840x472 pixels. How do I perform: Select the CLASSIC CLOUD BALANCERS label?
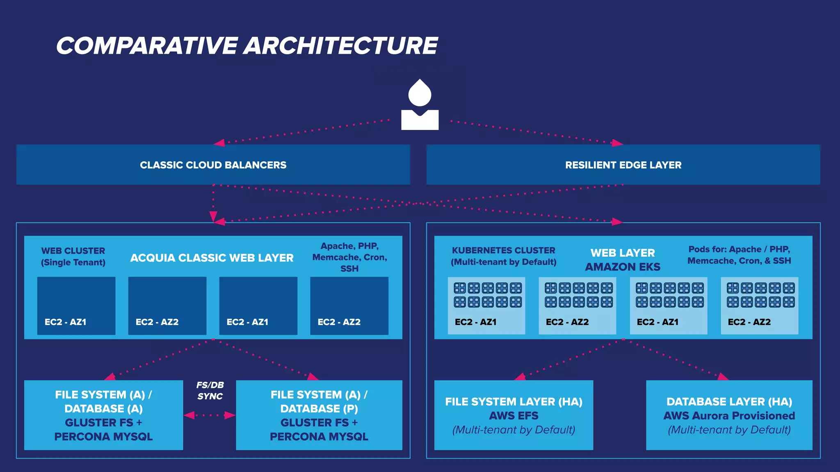point(213,165)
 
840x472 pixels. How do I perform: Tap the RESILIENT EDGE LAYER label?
point(623,165)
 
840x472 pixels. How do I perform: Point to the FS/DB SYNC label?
point(210,390)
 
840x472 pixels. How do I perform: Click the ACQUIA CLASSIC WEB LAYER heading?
point(212,258)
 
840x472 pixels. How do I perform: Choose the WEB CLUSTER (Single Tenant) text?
point(73,256)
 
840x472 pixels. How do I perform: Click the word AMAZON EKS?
point(623,267)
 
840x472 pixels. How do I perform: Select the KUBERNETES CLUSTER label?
point(503,250)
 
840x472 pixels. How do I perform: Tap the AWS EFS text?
point(514,415)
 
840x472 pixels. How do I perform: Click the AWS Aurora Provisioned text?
point(729,415)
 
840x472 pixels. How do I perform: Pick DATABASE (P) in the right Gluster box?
point(319,408)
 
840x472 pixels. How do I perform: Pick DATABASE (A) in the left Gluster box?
point(103,408)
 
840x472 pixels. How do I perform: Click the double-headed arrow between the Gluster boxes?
point(210,415)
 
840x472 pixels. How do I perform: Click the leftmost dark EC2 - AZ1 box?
point(76,305)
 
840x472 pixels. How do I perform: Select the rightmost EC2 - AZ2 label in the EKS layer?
point(749,322)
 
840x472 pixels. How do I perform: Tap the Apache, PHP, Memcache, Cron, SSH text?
point(349,257)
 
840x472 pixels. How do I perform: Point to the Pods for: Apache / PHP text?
point(739,249)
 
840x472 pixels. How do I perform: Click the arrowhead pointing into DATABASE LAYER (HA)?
point(723,377)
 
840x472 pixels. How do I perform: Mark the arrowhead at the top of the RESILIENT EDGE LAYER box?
point(617,143)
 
